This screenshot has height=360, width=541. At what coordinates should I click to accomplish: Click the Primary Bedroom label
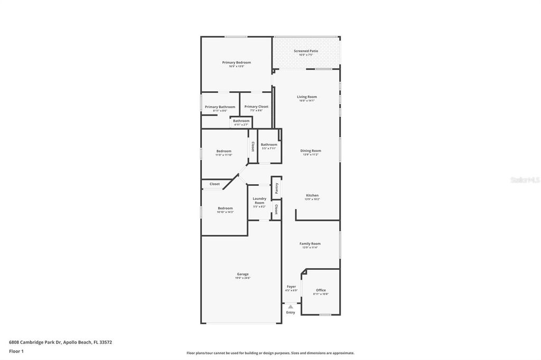coord(236,62)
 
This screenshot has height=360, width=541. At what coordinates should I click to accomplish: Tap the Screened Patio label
coord(306,51)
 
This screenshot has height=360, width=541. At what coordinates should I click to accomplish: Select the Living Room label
coord(306,97)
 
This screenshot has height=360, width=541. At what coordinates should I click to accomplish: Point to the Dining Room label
coord(311,150)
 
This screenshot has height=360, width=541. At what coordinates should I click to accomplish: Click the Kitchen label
coord(312,195)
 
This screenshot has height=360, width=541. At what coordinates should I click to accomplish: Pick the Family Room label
coord(310,244)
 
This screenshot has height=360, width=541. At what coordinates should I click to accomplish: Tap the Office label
coord(321,290)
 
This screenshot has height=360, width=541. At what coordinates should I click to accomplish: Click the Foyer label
coord(291,287)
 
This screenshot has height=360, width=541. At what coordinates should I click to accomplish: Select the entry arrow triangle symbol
coord(291,306)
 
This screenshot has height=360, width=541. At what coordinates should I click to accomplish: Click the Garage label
coord(242,274)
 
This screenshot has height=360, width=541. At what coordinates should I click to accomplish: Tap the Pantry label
coord(276,188)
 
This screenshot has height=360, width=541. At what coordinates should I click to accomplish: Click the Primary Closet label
coord(256,107)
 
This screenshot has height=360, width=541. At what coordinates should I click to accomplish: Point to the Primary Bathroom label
coord(220,107)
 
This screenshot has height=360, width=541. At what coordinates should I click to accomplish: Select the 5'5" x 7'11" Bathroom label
coord(268,145)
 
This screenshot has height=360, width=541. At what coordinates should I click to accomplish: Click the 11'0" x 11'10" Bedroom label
coord(223,151)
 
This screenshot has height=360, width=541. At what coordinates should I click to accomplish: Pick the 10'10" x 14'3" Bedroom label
coord(225,209)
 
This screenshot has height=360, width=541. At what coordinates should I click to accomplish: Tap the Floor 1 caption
coord(16,351)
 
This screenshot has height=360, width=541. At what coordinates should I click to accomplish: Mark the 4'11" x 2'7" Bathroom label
coord(241,121)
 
